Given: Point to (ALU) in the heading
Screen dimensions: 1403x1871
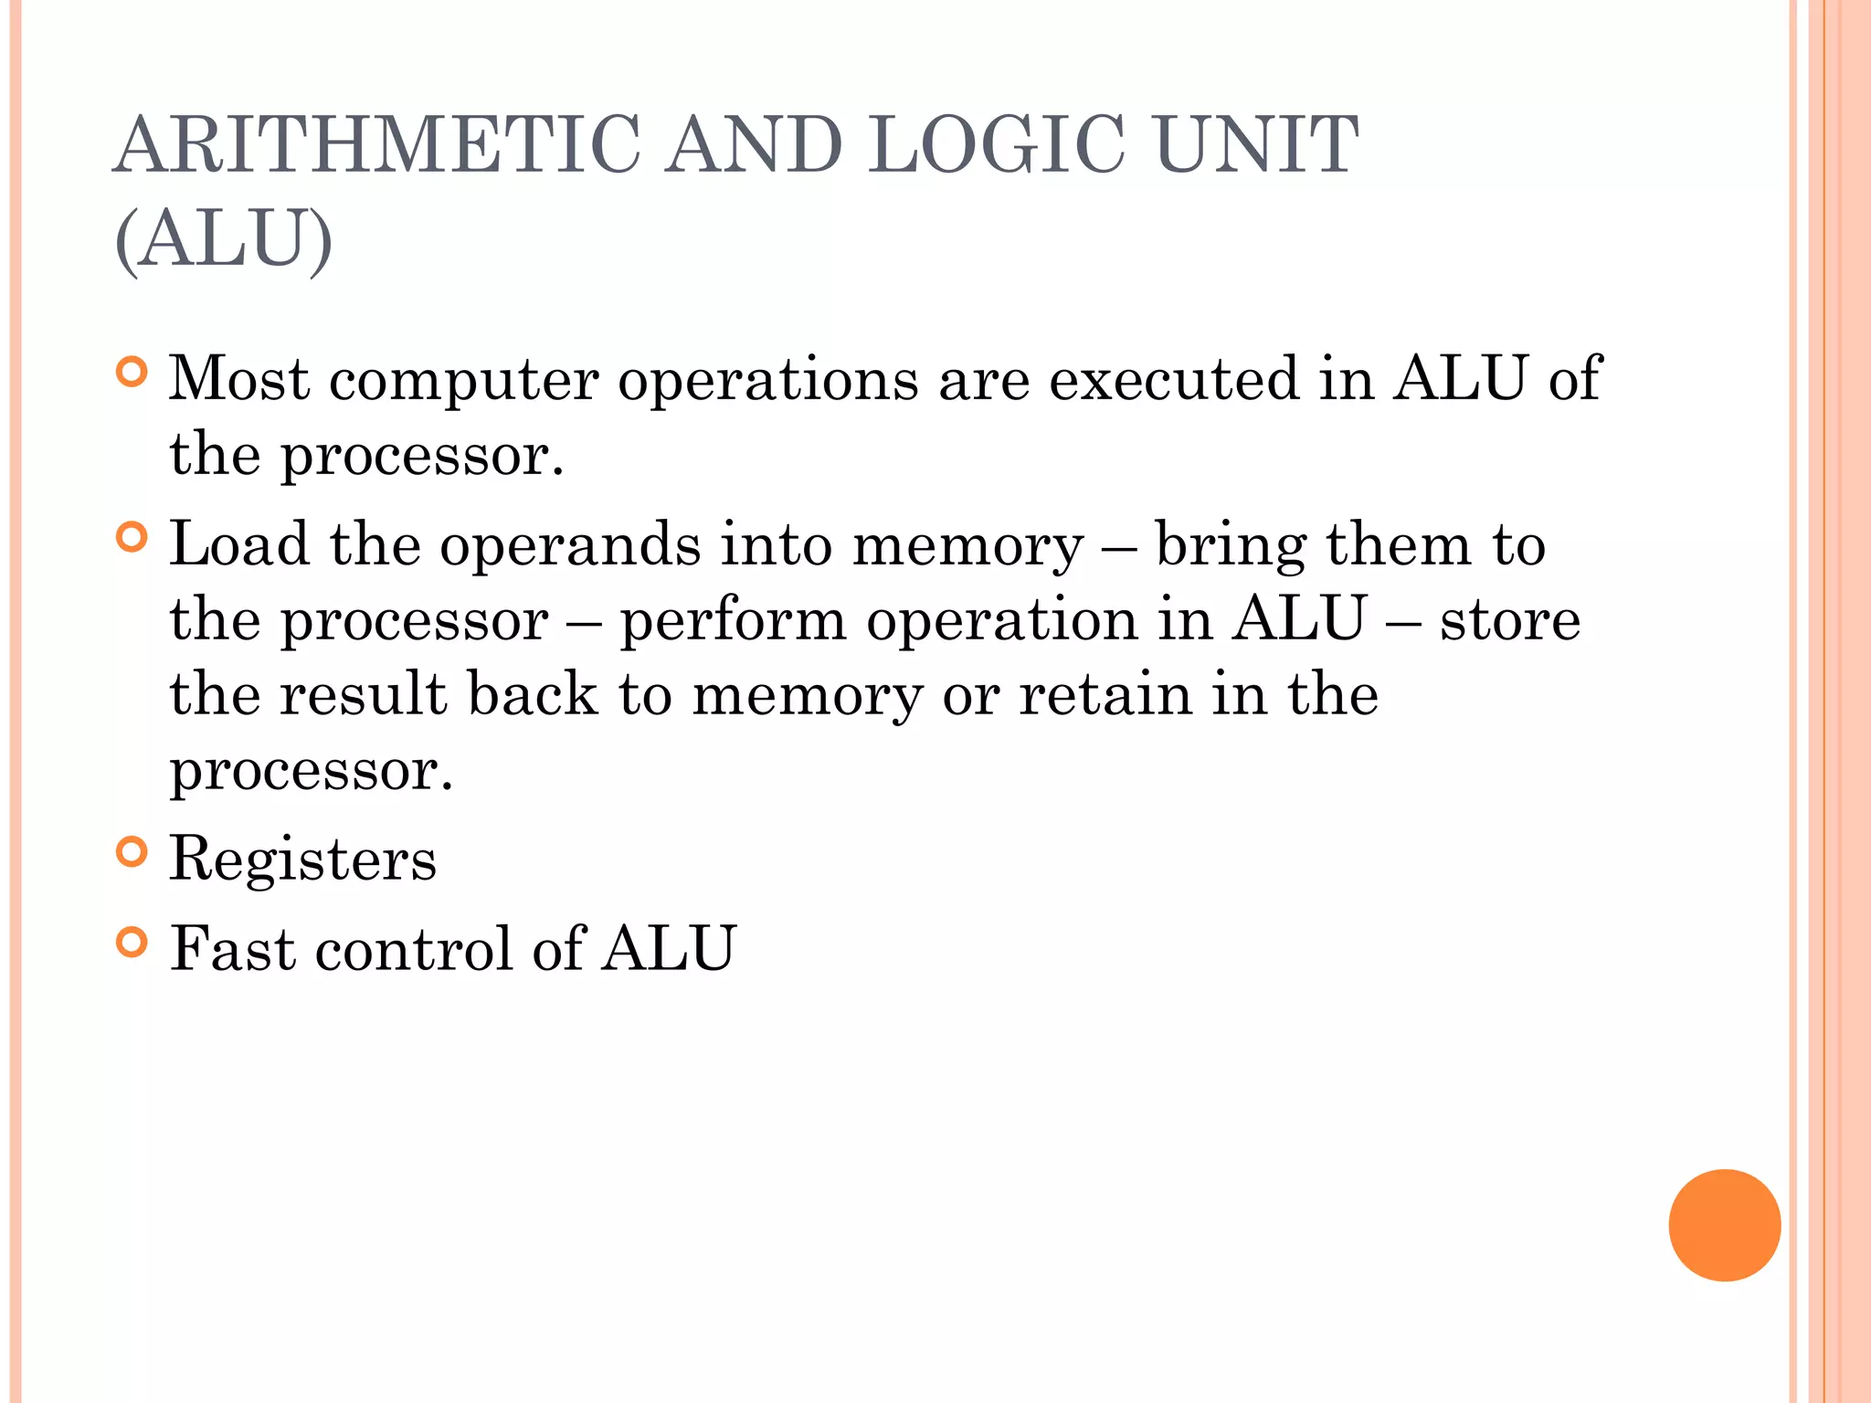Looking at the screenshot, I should click(224, 238).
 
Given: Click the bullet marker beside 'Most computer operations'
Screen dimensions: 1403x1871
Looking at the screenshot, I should click(132, 373).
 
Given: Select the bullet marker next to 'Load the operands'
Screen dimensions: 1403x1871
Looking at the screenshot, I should click(132, 537).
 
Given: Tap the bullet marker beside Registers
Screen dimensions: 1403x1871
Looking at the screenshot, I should click(132, 852).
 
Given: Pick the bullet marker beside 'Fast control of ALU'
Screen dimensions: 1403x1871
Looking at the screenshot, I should click(132, 942).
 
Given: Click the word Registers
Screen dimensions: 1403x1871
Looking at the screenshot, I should click(303, 860).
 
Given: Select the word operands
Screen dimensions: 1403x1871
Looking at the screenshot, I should click(570, 546).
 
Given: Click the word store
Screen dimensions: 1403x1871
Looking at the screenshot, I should click(1510, 620).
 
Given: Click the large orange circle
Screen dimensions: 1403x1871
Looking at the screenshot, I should click(1724, 1225).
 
